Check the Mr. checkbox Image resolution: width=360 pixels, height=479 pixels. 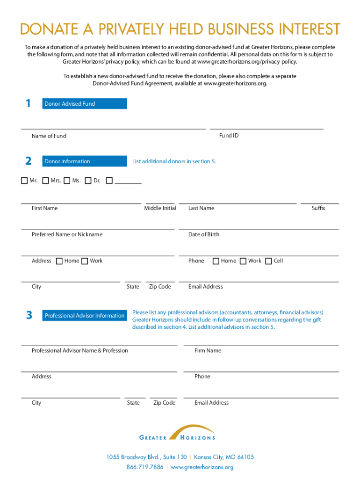(24, 181)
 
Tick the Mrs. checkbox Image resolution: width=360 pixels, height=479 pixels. (45, 181)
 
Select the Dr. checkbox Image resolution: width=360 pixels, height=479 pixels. (88, 181)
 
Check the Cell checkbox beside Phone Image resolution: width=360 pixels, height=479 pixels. (268, 261)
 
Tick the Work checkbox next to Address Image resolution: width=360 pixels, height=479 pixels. (85, 261)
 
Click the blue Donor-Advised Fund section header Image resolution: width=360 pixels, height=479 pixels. (85, 104)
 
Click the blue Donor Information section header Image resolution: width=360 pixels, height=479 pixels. (85, 161)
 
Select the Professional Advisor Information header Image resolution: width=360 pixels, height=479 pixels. (85, 316)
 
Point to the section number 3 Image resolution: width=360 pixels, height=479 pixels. (29, 316)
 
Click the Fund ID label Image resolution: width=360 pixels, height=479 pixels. (229, 136)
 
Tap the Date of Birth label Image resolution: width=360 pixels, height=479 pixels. (203, 234)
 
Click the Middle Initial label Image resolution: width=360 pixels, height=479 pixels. (160, 208)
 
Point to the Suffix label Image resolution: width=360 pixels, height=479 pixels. (318, 208)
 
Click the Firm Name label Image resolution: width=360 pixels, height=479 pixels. (208, 350)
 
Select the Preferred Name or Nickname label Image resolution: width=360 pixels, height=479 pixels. (67, 234)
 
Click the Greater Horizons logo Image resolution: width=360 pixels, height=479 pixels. (178, 433)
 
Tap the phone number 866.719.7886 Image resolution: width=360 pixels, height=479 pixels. (145, 467)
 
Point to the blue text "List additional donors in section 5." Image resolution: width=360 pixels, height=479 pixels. (174, 161)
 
